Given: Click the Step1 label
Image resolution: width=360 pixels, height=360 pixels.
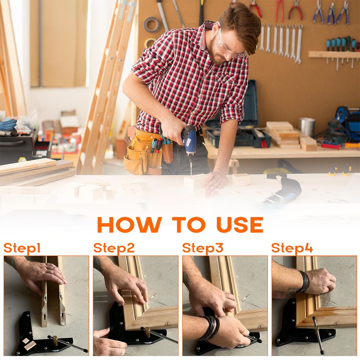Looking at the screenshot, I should point(22,248).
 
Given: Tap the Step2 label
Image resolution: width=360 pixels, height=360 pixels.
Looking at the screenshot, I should point(114,248).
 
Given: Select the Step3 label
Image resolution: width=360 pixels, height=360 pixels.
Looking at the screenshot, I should point(203,248).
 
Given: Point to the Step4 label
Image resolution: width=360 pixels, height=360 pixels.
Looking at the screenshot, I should point(292,248).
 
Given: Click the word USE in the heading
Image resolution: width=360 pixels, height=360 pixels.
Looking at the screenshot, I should point(240,225).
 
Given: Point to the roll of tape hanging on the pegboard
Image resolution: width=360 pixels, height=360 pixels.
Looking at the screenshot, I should point(152,25).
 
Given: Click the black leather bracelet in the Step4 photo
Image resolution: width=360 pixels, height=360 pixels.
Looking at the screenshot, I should point(304,282).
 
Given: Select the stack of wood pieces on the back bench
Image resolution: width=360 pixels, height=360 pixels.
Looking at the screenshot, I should point(284,135).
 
